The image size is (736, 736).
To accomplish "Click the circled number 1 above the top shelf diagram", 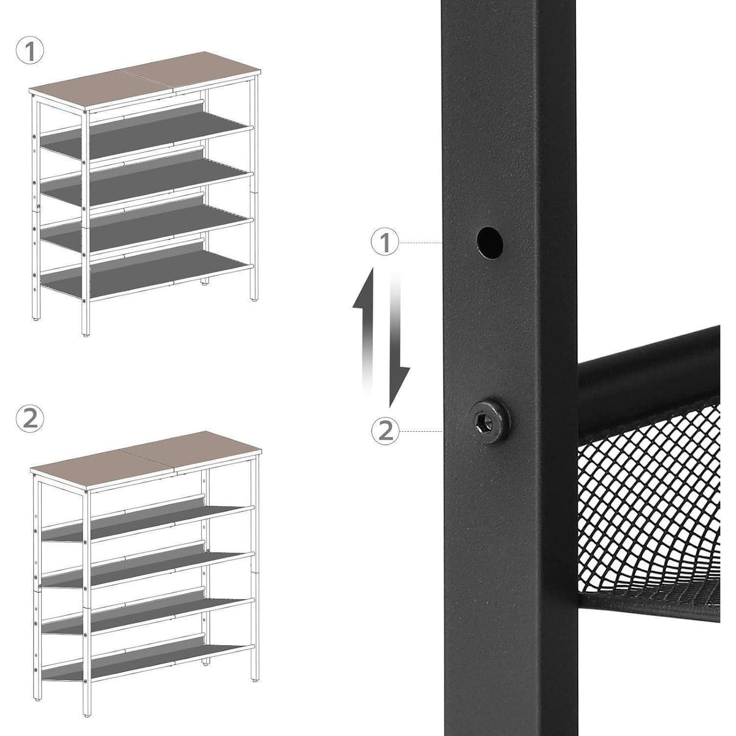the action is coord(30,52).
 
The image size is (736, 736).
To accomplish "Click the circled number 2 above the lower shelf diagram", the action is coord(30,420).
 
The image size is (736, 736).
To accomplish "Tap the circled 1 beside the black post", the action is coord(385,242).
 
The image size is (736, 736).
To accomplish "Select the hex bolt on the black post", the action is coord(489,421).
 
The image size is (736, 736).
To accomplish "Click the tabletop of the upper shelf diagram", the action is coord(145,80).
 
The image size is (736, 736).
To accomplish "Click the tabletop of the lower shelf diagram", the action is coord(146,460).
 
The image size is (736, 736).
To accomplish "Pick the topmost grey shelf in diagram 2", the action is coord(147,523).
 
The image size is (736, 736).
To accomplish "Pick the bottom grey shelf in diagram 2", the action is coord(147,660).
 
